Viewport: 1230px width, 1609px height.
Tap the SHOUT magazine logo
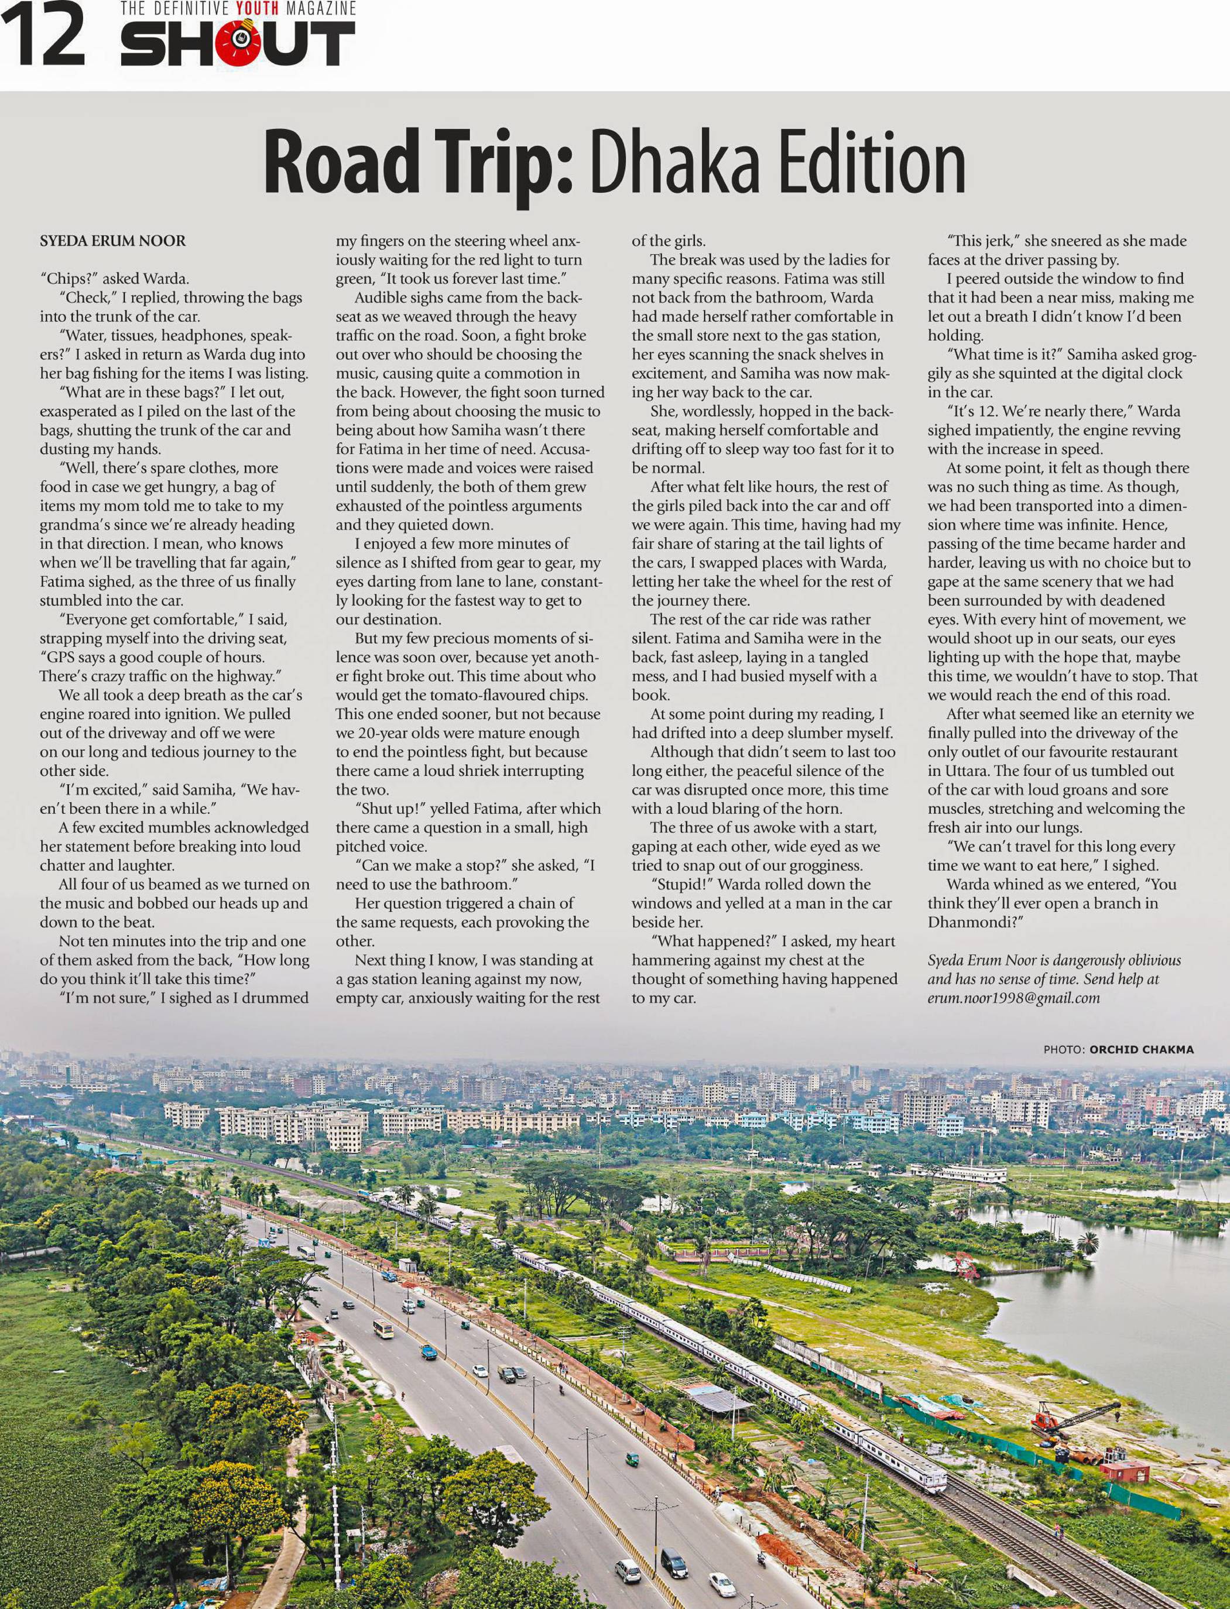(238, 44)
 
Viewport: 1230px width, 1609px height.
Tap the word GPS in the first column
(61, 656)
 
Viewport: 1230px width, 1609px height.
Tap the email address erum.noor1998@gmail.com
(1013, 998)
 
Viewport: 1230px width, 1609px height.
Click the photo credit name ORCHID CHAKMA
(1142, 1050)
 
